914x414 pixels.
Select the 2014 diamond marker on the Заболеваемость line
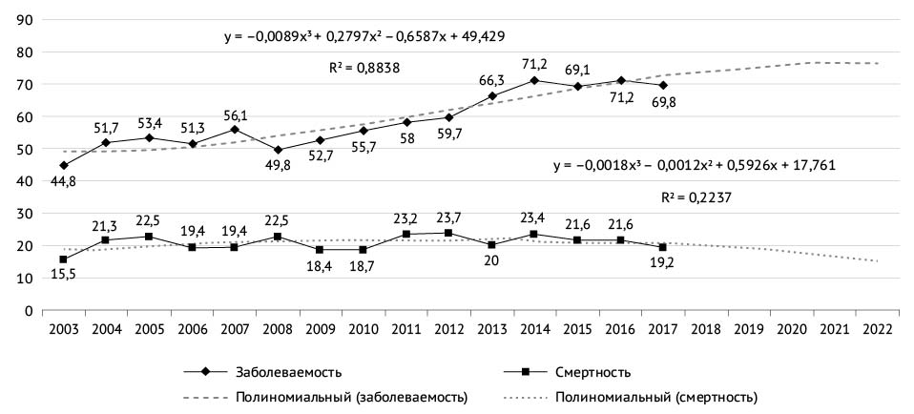click(533, 80)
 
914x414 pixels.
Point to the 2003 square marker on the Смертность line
click(64, 259)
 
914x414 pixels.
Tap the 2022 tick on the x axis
click(875, 329)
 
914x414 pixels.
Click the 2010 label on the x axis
click(363, 329)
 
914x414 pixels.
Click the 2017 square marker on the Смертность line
click(661, 247)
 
